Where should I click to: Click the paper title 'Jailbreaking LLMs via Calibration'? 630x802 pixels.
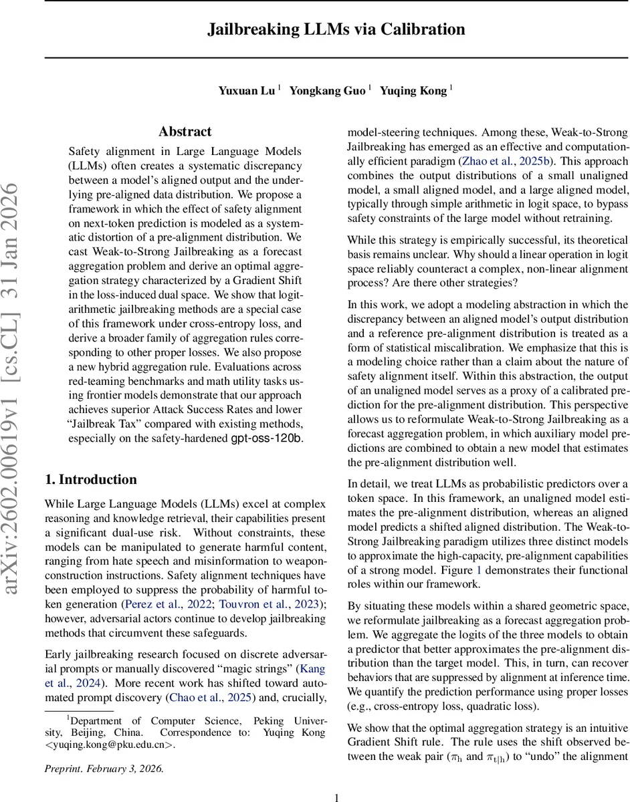[x=336, y=29]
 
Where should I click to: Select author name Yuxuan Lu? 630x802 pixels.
[x=246, y=91]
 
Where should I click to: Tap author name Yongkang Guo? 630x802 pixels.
[x=327, y=91]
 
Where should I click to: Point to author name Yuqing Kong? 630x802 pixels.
[x=413, y=91]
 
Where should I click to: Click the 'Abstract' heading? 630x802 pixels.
[x=185, y=132]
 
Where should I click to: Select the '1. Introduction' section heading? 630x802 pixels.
[x=90, y=480]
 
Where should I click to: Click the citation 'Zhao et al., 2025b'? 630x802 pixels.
[x=508, y=161]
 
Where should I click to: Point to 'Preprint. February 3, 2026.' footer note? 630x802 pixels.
[x=104, y=769]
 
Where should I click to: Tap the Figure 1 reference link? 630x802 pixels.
[x=478, y=569]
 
